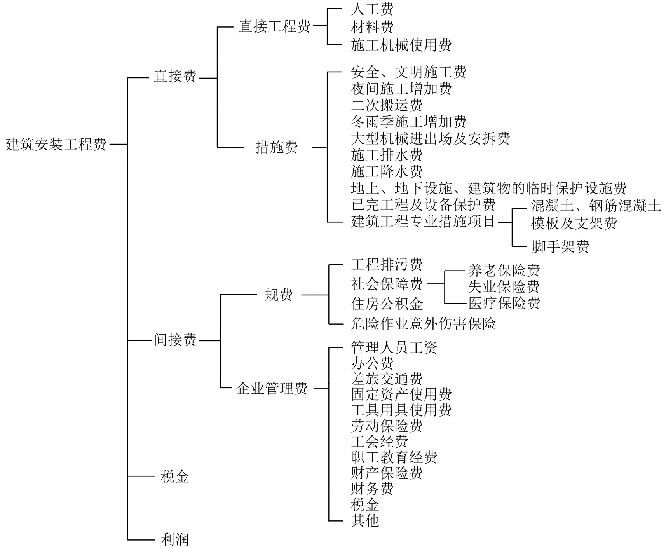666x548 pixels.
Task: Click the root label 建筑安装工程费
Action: (x=56, y=145)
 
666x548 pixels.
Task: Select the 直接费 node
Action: (x=175, y=77)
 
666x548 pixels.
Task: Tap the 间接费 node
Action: (x=175, y=340)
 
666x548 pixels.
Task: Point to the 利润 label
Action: (x=175, y=539)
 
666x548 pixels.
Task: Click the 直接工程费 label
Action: (x=275, y=26)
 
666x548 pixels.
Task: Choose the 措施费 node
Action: (x=277, y=147)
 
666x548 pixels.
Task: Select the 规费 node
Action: (x=279, y=295)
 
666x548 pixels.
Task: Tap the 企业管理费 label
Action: (x=272, y=388)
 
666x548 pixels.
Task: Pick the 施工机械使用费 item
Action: (x=401, y=45)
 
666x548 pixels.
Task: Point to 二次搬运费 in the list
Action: (x=387, y=105)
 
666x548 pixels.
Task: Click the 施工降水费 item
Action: (x=387, y=171)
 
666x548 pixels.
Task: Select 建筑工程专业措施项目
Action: (x=423, y=222)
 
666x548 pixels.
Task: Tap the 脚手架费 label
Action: (x=560, y=246)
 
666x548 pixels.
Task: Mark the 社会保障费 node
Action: (x=387, y=284)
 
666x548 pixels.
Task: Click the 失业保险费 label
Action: (x=504, y=287)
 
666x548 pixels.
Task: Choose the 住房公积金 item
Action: (x=387, y=304)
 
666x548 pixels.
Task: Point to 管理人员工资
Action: (x=394, y=347)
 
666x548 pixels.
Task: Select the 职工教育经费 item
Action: (x=394, y=457)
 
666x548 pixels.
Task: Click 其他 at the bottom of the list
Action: (x=365, y=520)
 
